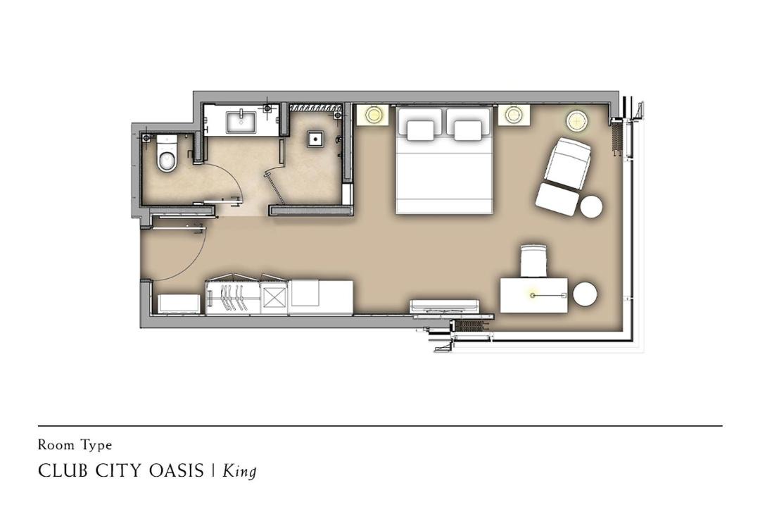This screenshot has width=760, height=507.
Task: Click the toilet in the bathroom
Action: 166,154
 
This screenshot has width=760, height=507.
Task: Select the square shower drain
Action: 315,139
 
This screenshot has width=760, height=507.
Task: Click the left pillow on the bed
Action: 420,130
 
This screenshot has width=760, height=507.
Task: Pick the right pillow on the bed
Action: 468,130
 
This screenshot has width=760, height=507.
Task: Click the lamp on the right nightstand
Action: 513,115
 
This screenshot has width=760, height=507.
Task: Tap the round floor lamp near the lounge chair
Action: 577,120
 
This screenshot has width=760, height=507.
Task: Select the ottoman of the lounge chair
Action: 557,199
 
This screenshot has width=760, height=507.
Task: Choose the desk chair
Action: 533,261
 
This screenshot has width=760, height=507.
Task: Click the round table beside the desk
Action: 585,294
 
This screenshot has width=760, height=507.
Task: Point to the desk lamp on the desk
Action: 533,295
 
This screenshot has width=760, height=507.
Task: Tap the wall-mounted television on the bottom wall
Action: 445,306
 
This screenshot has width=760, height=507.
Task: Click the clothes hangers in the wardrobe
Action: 232,297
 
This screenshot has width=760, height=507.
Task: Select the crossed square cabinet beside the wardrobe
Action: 274,297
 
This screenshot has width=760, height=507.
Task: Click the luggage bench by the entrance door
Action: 179,303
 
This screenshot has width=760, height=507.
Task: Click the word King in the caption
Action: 239,471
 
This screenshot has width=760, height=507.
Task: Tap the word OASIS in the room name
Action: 177,470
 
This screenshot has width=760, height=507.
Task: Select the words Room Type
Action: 75,445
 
